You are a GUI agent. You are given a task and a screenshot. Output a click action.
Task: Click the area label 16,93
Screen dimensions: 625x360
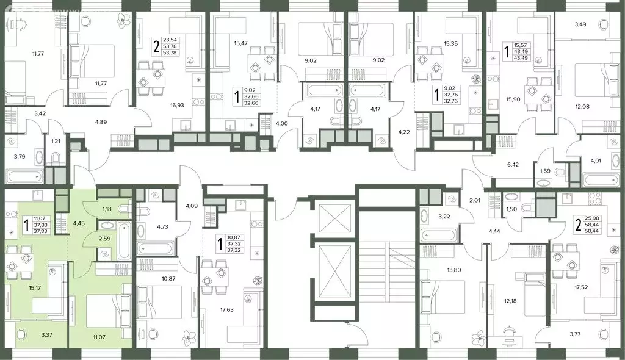[177, 105]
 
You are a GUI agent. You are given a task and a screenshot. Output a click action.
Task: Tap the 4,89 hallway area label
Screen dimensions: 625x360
[101, 122]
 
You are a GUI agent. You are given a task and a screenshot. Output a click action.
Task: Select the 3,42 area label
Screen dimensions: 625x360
[40, 113]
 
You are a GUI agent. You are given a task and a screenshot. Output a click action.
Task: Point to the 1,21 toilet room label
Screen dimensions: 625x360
[56, 141]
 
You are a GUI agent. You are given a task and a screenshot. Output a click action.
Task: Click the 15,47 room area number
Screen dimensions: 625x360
[240, 43]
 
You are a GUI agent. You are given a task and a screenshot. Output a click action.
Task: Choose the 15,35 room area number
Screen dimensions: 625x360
[450, 43]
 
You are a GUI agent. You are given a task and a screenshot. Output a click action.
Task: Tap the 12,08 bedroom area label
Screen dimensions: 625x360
[582, 106]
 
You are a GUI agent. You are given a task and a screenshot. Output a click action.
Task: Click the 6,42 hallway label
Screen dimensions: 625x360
[513, 164]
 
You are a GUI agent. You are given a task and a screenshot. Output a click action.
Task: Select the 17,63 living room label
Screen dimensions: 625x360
[227, 309]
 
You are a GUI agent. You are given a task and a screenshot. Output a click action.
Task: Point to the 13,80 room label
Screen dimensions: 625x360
[454, 270]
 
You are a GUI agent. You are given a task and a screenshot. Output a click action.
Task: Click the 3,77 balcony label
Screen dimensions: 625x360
[575, 334]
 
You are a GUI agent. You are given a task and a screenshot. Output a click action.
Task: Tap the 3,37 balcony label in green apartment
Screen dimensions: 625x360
[46, 335]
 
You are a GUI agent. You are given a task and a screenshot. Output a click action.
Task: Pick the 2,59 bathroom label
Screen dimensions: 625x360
[104, 239]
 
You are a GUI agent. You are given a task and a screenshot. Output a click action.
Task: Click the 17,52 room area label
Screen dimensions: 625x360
[581, 287]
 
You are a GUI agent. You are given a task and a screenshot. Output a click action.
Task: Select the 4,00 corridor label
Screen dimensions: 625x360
[281, 124]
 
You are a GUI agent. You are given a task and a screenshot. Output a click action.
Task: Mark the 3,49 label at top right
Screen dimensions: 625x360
[580, 24]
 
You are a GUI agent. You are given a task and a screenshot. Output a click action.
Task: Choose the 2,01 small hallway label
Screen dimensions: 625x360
[475, 201]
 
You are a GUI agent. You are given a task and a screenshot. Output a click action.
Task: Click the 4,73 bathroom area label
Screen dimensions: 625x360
[162, 227]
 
